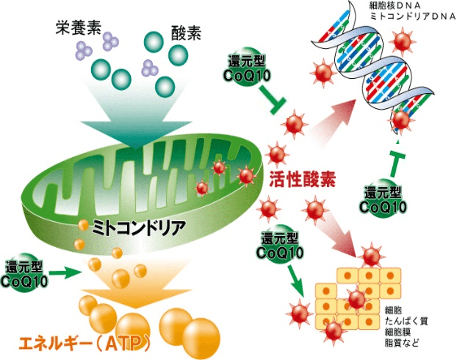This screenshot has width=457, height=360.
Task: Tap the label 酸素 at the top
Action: [186, 33]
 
